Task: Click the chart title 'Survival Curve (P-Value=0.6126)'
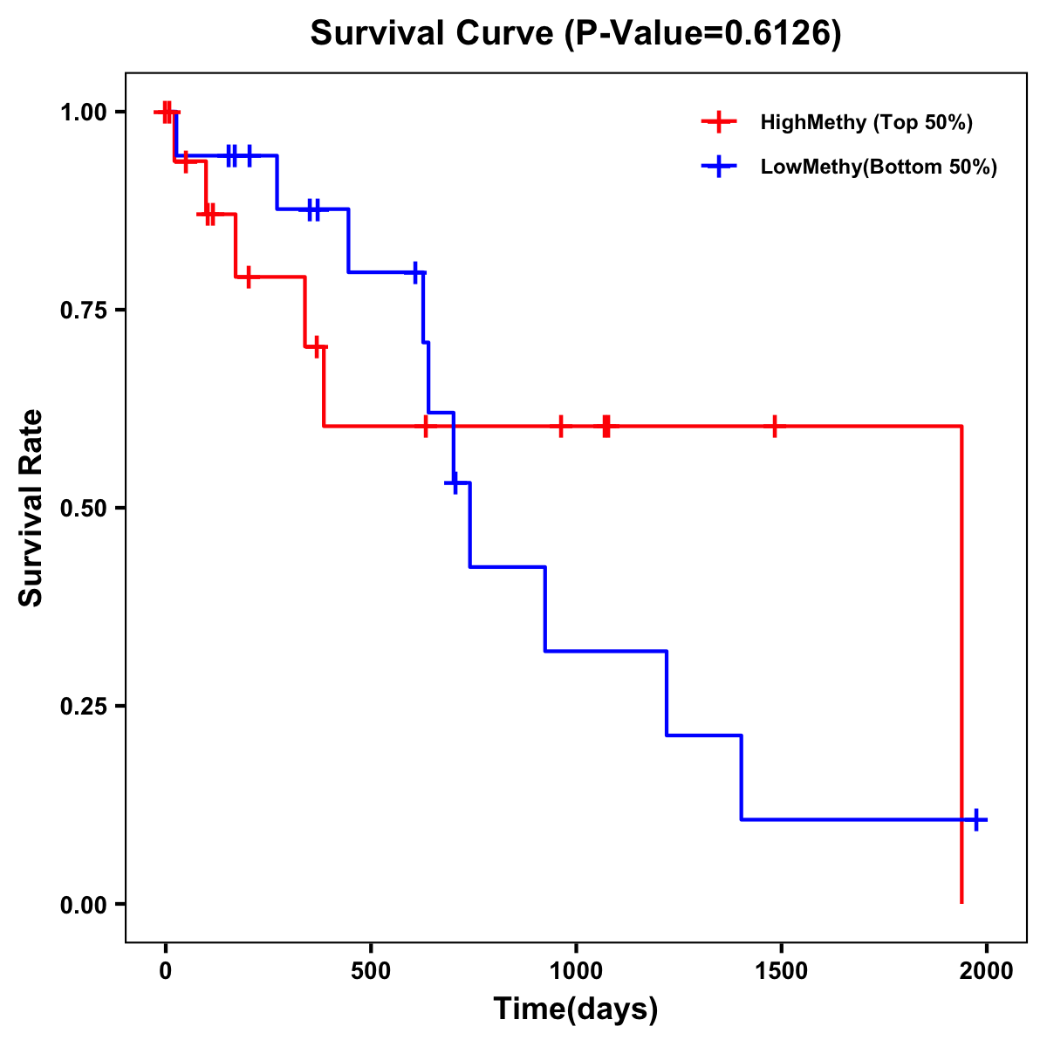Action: coord(576,34)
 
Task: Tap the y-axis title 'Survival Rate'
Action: coord(31,508)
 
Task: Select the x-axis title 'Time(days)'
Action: coord(576,1009)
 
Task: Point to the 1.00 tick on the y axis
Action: coord(85,113)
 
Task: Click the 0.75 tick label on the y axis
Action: coord(85,311)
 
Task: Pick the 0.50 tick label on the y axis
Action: coord(85,509)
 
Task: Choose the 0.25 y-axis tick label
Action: coord(85,707)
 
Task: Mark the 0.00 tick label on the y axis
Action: coord(85,905)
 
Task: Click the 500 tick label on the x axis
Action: coord(371,970)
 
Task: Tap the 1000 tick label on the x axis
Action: coord(576,970)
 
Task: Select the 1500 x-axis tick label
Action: coord(781,970)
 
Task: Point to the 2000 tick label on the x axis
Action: coord(986,970)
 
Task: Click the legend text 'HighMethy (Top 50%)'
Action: coord(866,122)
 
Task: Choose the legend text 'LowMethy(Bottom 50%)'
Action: coord(879,167)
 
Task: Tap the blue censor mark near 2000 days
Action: coord(976,820)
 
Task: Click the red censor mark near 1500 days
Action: coord(774,427)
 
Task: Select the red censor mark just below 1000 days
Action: coord(561,427)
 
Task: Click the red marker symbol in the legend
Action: coord(719,122)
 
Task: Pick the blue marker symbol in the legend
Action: coord(719,167)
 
